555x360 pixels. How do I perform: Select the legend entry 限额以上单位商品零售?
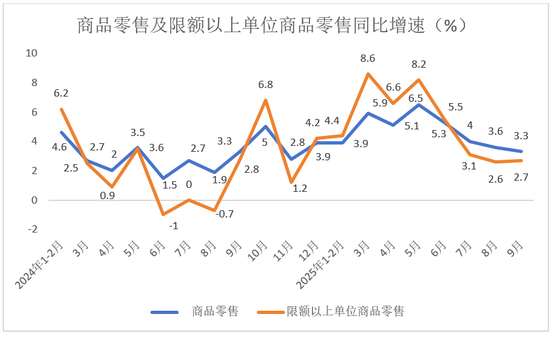click(345, 311)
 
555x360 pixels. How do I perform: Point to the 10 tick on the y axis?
click(32, 53)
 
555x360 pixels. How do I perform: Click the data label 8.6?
click(368, 58)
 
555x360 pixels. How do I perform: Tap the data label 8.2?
click(418, 64)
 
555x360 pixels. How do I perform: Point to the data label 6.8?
click(265, 85)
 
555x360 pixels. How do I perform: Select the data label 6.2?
click(61, 94)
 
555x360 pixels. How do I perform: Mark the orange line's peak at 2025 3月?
click(368, 74)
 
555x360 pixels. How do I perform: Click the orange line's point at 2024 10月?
click(265, 100)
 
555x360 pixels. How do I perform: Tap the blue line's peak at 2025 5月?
click(418, 104)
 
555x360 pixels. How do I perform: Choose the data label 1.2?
click(299, 189)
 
